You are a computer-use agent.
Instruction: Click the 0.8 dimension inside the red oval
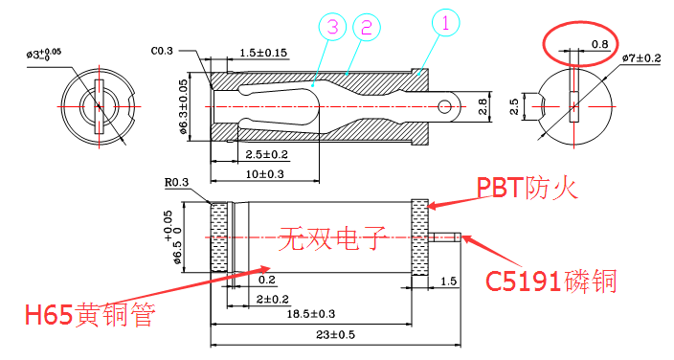[600, 44]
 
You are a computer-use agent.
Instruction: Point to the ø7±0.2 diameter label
[640, 58]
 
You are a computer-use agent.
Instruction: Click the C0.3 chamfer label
[162, 50]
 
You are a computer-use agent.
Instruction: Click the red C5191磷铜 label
[550, 281]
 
